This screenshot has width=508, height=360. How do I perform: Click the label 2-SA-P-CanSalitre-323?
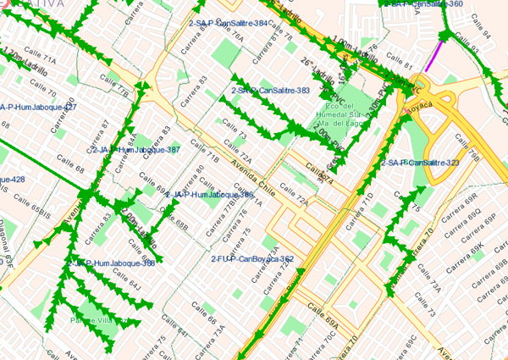[420, 162]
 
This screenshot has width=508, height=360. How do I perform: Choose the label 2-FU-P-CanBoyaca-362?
[251, 258]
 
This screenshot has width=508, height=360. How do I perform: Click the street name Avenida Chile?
[255, 174]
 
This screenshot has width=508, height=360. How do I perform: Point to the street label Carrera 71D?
[367, 204]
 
